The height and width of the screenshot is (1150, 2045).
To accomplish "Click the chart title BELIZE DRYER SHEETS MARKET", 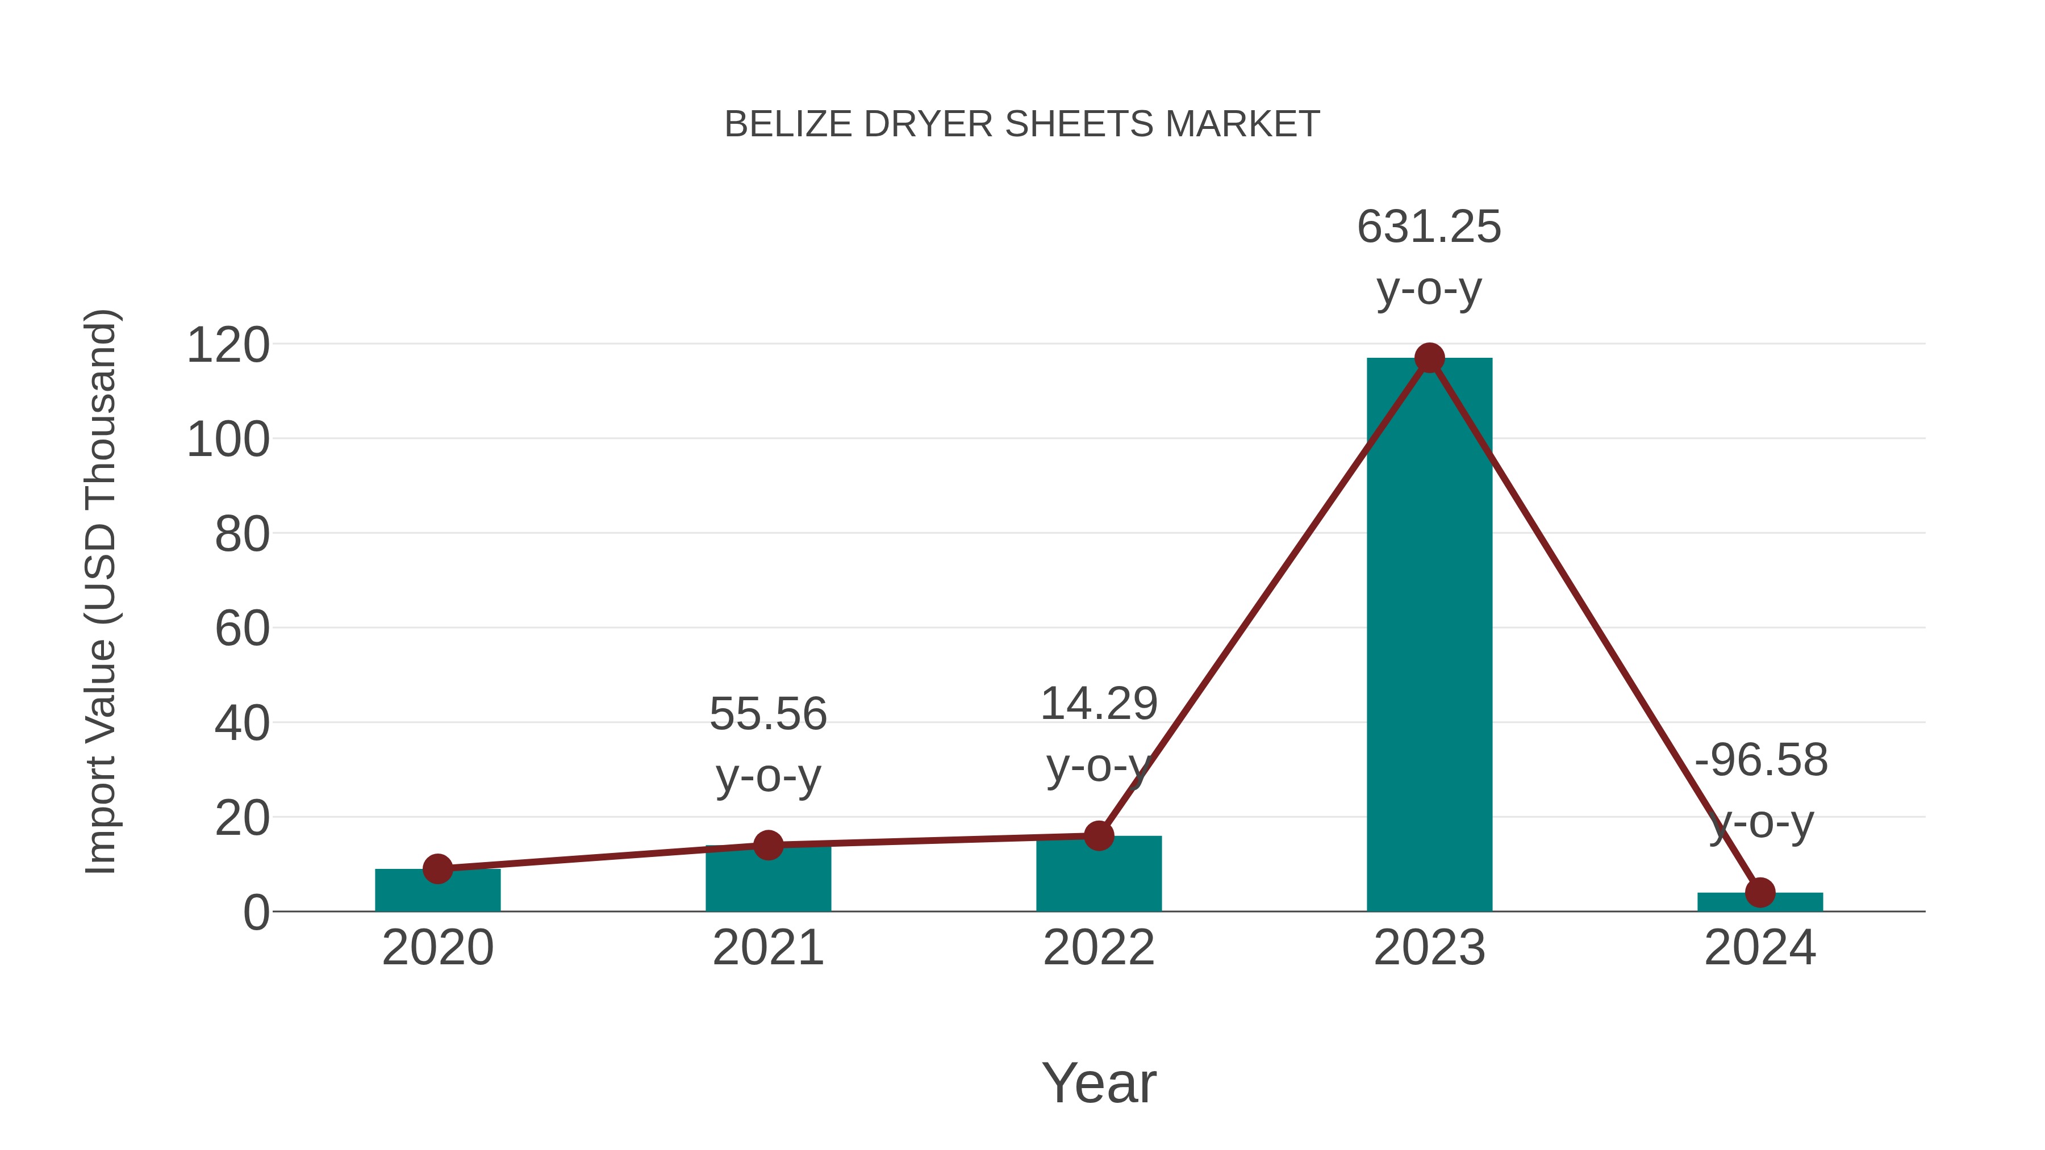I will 1022,124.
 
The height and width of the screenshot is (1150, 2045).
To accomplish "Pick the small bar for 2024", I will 1760,903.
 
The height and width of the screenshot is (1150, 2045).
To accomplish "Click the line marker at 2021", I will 767,845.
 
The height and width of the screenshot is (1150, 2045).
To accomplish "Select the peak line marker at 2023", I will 1429,358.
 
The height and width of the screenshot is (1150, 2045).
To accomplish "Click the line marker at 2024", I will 1760,892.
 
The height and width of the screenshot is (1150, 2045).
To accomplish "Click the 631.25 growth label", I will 1429,227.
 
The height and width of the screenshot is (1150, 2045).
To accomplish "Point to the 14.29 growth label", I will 1099,704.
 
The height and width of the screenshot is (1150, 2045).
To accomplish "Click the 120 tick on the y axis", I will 228,346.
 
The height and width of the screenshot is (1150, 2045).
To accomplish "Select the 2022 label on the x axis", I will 1099,948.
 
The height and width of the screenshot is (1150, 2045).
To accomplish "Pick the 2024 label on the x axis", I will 1760,948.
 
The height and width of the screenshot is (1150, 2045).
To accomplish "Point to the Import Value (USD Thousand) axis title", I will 102,591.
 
